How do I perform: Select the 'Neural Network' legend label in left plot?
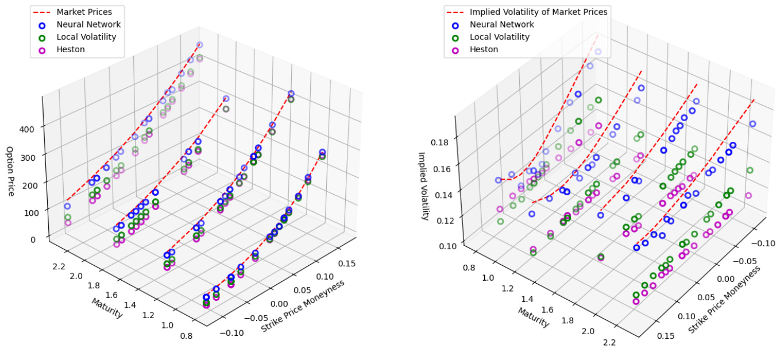(x=88, y=25)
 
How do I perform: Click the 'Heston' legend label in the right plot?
(x=484, y=49)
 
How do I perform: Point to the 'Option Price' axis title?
(x=10, y=171)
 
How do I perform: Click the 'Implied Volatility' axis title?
(x=423, y=186)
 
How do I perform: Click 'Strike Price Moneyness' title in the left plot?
(x=303, y=306)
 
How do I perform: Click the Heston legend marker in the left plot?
(x=40, y=50)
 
